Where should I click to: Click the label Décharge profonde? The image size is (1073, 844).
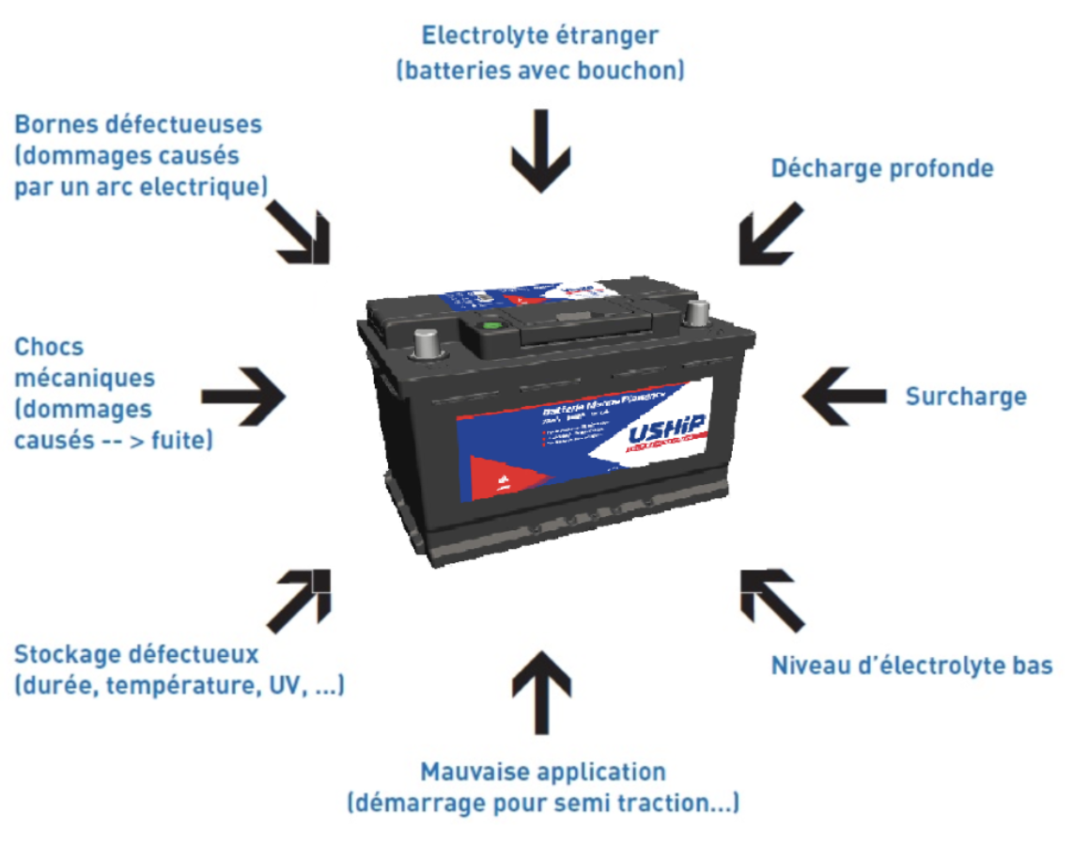pyautogui.click(x=881, y=169)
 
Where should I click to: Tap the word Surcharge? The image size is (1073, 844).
pyautogui.click(x=965, y=397)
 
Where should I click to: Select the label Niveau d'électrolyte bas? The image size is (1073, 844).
pyautogui.click(x=910, y=666)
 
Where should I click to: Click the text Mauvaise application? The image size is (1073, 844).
pyautogui.click(x=542, y=773)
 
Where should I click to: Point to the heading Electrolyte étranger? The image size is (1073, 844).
pyautogui.click(x=539, y=36)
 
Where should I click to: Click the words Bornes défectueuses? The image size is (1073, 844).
pyautogui.click(x=138, y=124)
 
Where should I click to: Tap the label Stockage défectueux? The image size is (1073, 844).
pyautogui.click(x=136, y=653)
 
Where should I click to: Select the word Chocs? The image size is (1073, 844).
pyautogui.click(x=49, y=347)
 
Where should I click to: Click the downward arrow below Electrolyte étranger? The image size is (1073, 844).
pyautogui.click(x=539, y=150)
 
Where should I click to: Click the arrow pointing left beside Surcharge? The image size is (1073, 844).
pyautogui.click(x=843, y=396)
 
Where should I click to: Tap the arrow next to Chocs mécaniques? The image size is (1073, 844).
pyautogui.click(x=243, y=396)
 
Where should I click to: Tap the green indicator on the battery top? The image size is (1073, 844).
pyautogui.click(x=490, y=325)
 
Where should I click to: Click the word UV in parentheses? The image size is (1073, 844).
pyautogui.click(x=284, y=686)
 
